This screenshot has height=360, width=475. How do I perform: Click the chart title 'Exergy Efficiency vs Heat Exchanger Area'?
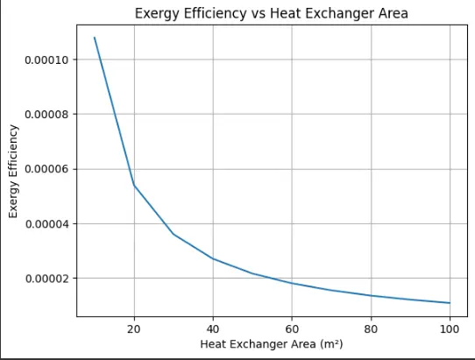273,13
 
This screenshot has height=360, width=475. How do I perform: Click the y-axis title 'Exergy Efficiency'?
13,172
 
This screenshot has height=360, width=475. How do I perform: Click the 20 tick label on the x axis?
134,328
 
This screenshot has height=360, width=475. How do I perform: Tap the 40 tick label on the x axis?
213,328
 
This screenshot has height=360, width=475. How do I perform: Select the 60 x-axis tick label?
292,328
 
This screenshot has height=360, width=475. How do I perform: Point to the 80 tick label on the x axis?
371,328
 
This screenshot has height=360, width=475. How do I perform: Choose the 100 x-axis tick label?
450,328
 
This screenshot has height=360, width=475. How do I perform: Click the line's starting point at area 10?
95,37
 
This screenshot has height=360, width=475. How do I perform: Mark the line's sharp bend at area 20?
134,185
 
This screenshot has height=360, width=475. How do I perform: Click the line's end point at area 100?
450,303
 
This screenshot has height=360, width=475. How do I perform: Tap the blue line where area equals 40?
213,258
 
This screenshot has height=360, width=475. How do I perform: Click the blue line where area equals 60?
292,283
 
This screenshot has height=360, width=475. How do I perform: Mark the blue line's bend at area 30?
174,234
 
